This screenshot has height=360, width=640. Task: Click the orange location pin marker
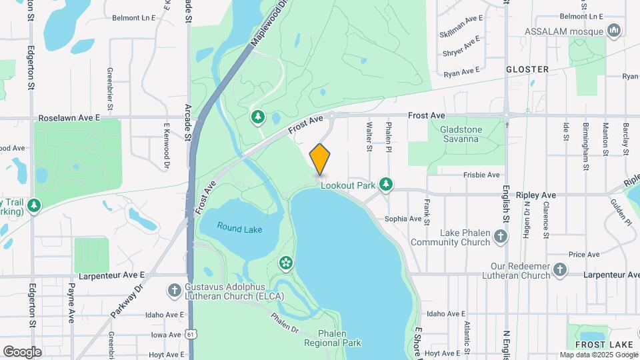320,159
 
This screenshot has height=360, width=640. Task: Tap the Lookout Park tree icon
385,183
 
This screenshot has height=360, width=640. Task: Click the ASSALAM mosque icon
614,31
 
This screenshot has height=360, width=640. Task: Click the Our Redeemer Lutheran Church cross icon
560,270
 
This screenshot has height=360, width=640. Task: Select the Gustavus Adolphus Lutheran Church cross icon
174,290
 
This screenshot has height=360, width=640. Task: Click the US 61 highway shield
191,334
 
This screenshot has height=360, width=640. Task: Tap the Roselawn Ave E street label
69,117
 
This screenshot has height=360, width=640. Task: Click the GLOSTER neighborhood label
527,69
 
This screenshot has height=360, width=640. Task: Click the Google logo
21,351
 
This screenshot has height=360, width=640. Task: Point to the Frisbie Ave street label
481,175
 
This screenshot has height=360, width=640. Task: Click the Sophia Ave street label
403,219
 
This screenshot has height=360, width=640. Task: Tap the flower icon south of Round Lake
286,263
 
